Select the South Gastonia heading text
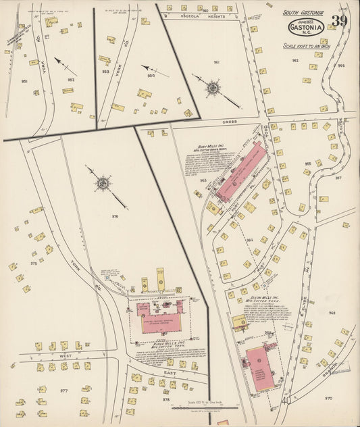pyautogui.click(x=304, y=12)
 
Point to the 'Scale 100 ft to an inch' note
pyautogui.click(x=307, y=46)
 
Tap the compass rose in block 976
pyautogui.click(x=103, y=182)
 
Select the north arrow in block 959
pyautogui.click(x=155, y=70)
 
